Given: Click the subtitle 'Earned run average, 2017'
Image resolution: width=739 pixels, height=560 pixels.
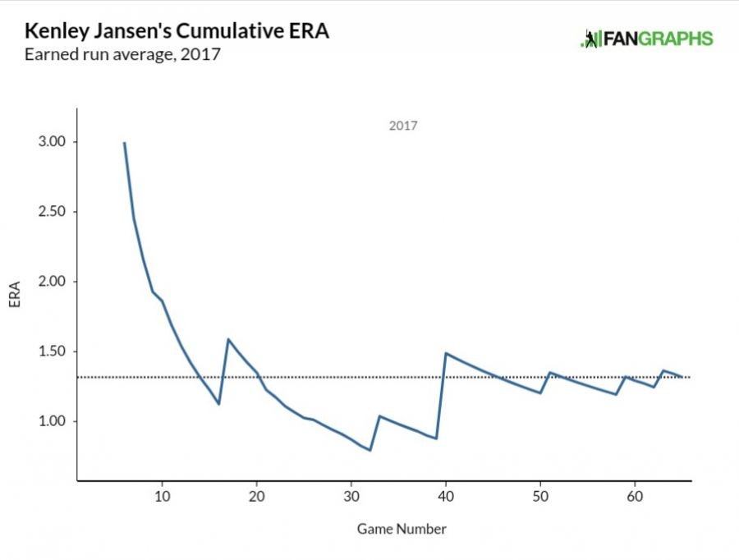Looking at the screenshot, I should click(123, 56).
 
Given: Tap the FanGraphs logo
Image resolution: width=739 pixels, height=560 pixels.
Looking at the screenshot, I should click(647, 39).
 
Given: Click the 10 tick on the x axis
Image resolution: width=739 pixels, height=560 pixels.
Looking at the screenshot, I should click(162, 498).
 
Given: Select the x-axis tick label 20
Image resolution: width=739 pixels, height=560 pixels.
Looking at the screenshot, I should click(256, 498).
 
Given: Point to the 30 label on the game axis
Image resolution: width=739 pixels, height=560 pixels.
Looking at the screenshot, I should click(351, 498).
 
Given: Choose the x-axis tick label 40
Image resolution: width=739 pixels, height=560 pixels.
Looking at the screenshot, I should click(446, 498).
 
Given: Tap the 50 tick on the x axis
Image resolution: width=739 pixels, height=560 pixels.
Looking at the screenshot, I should click(540, 498).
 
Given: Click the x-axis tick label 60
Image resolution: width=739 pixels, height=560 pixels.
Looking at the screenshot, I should click(635, 498).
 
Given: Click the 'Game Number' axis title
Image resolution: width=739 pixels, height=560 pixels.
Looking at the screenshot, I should click(402, 529).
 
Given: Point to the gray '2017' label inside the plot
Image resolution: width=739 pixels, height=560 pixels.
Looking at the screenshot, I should click(402, 126).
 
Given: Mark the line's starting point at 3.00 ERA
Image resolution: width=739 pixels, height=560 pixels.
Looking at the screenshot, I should click(124, 143).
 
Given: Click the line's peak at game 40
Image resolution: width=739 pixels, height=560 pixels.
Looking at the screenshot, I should click(446, 353).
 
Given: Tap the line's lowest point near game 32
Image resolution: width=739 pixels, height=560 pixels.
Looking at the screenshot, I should click(370, 450).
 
